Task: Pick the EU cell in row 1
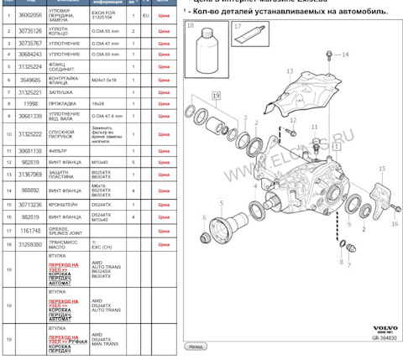[146, 15]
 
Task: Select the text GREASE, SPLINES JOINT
[63, 230]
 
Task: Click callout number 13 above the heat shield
[289, 72]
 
